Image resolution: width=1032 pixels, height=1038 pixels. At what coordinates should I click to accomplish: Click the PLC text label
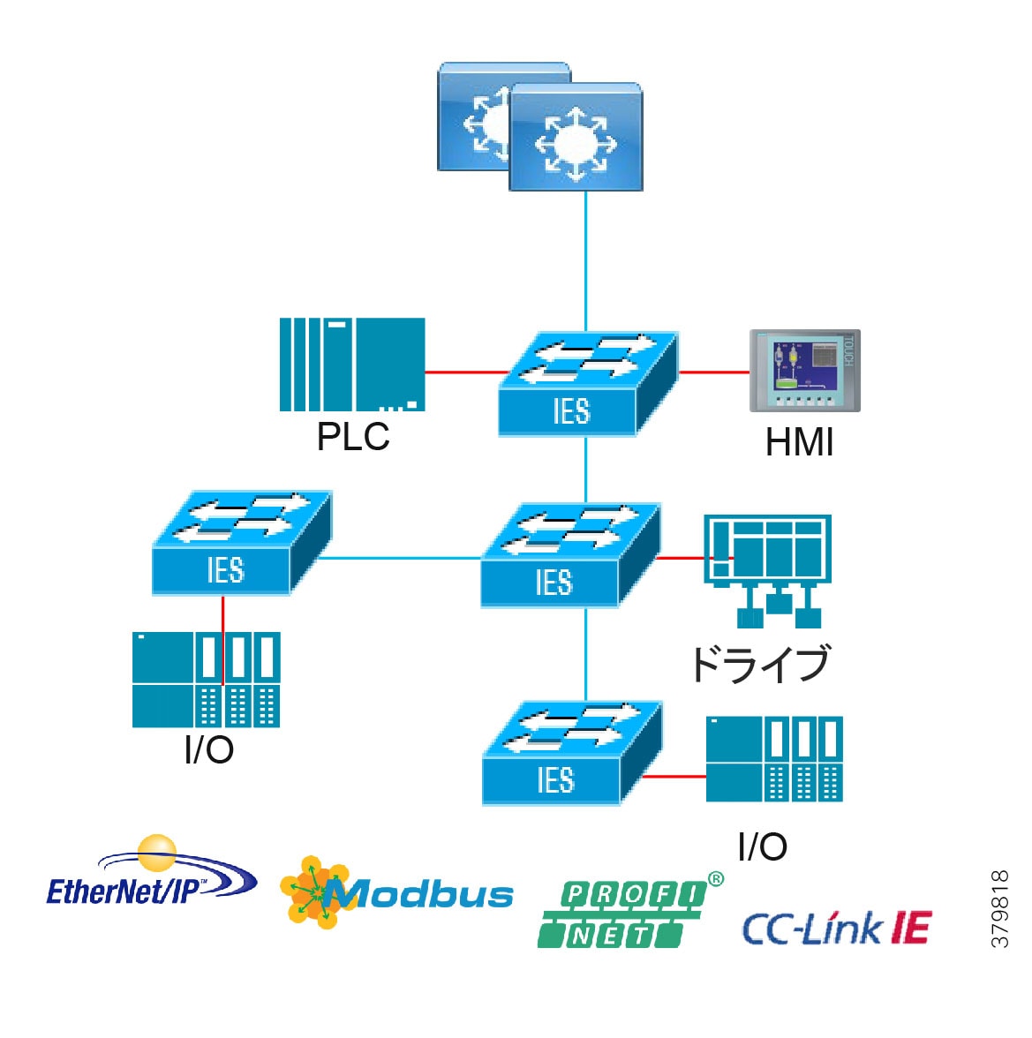coord(353,437)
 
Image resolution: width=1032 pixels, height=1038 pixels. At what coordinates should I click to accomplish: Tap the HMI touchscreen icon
coord(804,370)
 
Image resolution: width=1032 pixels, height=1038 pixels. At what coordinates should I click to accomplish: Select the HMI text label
coord(799,443)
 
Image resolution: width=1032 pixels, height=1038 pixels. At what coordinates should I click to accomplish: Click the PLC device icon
coord(352,365)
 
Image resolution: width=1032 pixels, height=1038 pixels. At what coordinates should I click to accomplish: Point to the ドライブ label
coord(760,664)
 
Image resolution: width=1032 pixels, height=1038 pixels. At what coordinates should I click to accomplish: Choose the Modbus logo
coord(397,892)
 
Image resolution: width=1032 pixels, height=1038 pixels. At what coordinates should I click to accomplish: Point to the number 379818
coord(1000,909)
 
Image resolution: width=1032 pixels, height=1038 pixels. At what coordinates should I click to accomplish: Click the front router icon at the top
coord(576,137)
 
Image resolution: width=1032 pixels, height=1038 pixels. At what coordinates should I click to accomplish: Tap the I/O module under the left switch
coord(206,679)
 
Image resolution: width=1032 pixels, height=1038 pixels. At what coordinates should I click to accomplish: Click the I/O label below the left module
coord(208,750)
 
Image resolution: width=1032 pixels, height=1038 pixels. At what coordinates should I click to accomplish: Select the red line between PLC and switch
coord(464,372)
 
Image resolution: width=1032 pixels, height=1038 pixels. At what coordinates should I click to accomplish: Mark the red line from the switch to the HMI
coord(713,372)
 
